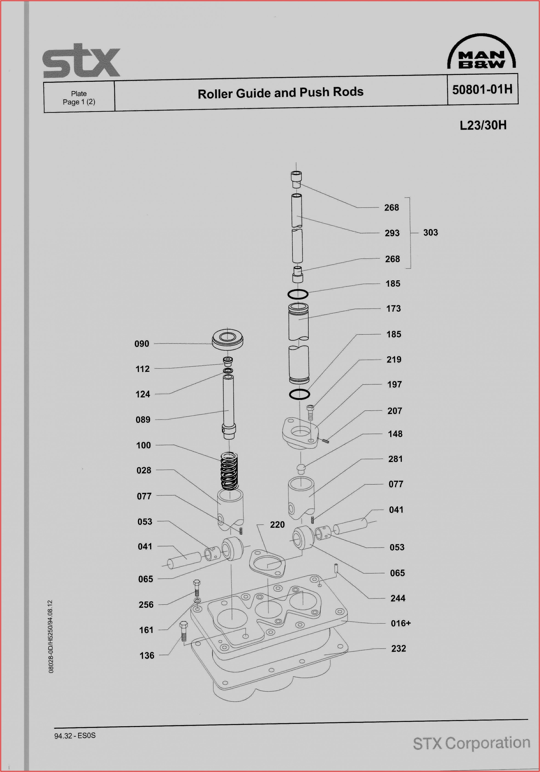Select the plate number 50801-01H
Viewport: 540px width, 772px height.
coord(482,89)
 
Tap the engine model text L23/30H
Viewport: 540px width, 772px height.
coord(483,125)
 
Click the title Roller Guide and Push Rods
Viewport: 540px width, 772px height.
coord(280,93)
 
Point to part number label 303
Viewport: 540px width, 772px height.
coord(430,233)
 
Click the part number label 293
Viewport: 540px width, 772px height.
coord(392,233)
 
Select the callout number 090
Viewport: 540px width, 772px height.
coord(142,344)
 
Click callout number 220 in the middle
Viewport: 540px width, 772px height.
coord(277,525)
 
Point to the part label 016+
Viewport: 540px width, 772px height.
coord(401,623)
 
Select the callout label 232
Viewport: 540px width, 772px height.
coord(398,649)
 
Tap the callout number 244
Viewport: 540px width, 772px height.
coord(398,598)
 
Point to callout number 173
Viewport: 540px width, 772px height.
coord(393,309)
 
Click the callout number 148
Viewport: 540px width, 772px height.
coord(395,434)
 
